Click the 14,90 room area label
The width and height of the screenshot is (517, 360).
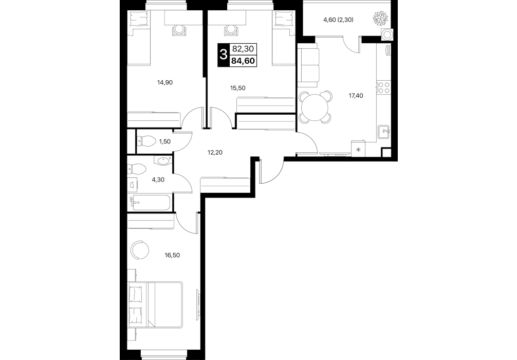click(x=165, y=82)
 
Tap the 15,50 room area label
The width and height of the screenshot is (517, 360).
click(x=238, y=88)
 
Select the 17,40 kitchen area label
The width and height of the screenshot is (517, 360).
click(x=356, y=96)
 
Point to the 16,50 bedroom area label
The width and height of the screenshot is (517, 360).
click(x=172, y=255)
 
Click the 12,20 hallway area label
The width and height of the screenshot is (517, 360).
click(x=215, y=152)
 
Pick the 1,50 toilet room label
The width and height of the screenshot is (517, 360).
click(x=165, y=141)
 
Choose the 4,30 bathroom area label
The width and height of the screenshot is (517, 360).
click(x=158, y=180)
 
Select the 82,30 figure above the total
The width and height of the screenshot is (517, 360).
click(x=243, y=49)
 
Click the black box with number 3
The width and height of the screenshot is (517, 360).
click(x=223, y=55)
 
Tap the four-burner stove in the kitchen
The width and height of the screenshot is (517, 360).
click(x=383, y=87)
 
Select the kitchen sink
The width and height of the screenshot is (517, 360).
click(x=384, y=133)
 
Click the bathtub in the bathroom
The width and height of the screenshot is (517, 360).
click(x=151, y=203)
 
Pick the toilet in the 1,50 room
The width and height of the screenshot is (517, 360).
click(x=146, y=142)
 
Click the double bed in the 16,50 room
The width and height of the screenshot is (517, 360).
click(x=155, y=304)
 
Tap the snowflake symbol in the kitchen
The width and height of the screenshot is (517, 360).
click(x=358, y=150)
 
